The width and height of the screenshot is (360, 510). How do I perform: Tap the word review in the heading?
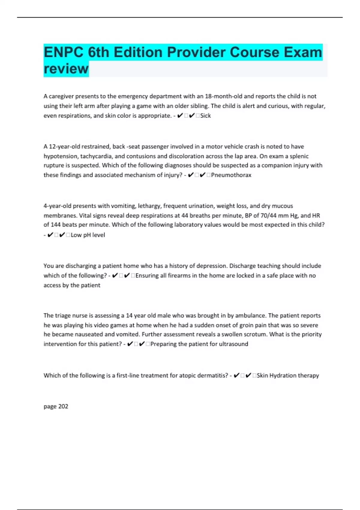pyautogui.click(x=66, y=69)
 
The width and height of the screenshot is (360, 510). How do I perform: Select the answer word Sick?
pyautogui.click(x=205, y=115)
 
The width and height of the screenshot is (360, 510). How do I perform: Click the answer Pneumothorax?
pyautogui.click(x=231, y=175)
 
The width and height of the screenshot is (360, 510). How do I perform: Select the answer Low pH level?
pyautogui.click(x=88, y=235)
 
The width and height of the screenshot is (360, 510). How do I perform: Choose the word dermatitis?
pyautogui.click(x=213, y=375)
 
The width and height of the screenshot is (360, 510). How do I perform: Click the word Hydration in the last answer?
pyautogui.click(x=283, y=375)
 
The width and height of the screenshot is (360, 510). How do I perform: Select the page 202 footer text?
pyautogui.click(x=56, y=406)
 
